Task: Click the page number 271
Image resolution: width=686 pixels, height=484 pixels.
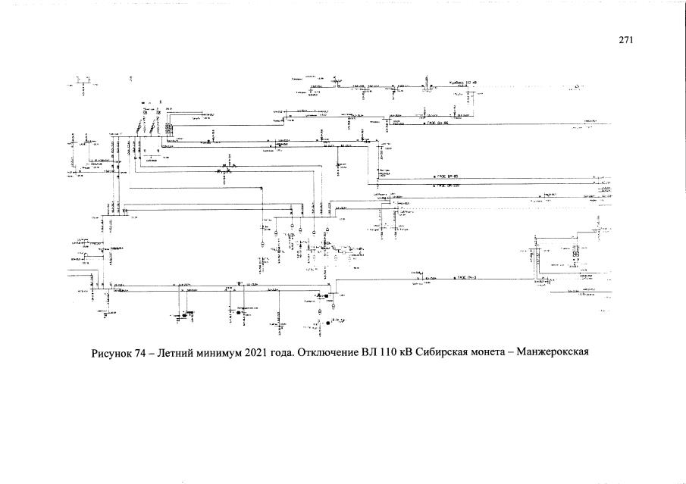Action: tap(625, 41)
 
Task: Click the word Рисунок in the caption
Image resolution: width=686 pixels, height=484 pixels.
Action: tap(112, 354)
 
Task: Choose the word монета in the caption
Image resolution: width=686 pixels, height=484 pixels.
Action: tap(514, 354)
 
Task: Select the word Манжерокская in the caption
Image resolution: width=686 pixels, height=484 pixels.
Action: tap(584, 354)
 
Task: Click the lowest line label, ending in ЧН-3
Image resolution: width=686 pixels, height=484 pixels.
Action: tap(468, 278)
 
